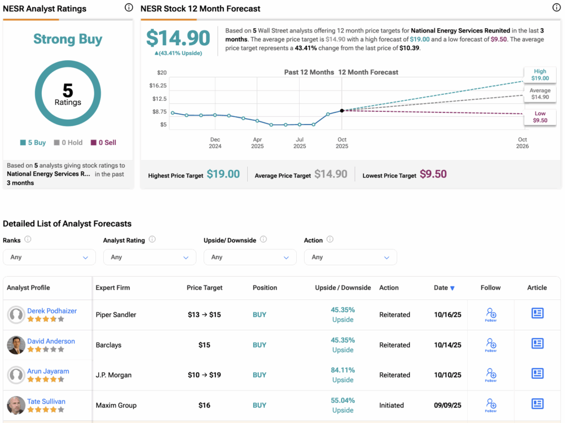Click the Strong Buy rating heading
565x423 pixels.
[x=68, y=39]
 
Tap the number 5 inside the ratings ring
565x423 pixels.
[x=68, y=90]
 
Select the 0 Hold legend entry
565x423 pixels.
[x=68, y=142]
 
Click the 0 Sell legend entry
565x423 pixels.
[x=104, y=142]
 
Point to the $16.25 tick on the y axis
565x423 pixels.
[x=158, y=85]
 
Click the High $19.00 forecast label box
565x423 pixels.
[x=540, y=75]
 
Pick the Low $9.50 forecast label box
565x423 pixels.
[x=540, y=117]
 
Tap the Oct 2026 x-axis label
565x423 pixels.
[x=522, y=143]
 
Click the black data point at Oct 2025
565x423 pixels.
[x=342, y=111]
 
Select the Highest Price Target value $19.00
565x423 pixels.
[x=223, y=174]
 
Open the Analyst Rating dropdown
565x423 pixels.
[x=150, y=257]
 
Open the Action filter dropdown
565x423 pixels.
[x=350, y=257]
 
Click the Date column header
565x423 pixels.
[x=444, y=288]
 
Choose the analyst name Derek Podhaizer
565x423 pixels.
[x=52, y=310]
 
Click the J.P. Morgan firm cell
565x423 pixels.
[x=114, y=375]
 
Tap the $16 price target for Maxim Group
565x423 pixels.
[x=204, y=405]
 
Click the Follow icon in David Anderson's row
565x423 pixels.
[x=491, y=345]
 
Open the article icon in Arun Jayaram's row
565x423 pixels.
[x=537, y=374]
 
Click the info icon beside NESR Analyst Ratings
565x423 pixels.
[x=129, y=8]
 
